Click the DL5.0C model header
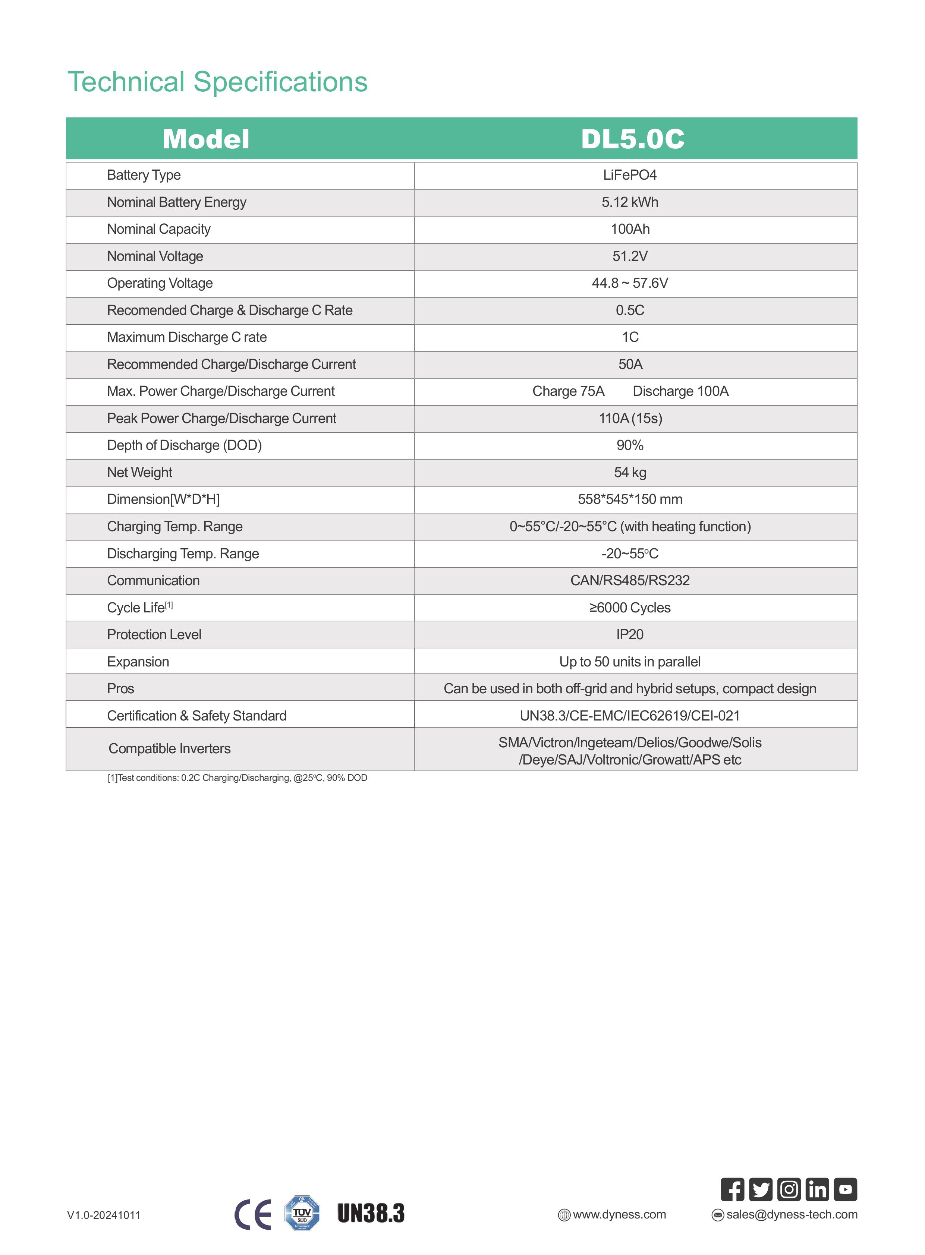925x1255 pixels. coord(632,139)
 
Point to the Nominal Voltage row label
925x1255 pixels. coord(155,256)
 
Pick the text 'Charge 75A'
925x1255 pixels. coord(568,391)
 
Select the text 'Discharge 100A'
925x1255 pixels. coord(680,391)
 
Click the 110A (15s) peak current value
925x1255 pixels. coord(630,419)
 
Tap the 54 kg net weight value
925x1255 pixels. coord(630,473)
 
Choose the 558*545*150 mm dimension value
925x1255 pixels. coord(630,499)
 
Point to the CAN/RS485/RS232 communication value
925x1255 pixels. coord(630,580)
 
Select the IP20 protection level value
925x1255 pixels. coord(630,635)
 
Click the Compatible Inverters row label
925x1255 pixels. coord(169,749)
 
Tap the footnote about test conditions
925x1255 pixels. coord(237,778)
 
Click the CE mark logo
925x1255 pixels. coord(252,1215)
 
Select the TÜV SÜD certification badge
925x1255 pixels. coord(302,1213)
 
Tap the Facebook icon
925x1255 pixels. coord(732,1189)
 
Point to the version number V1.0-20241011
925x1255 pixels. coord(104,1215)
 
